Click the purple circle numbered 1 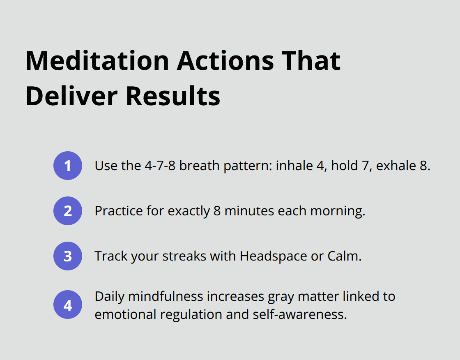68,166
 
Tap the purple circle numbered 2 68,211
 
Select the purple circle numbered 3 68,256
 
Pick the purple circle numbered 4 68,305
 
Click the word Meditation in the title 97,61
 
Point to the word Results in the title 173,96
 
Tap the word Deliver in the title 72,96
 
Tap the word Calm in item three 344,256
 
